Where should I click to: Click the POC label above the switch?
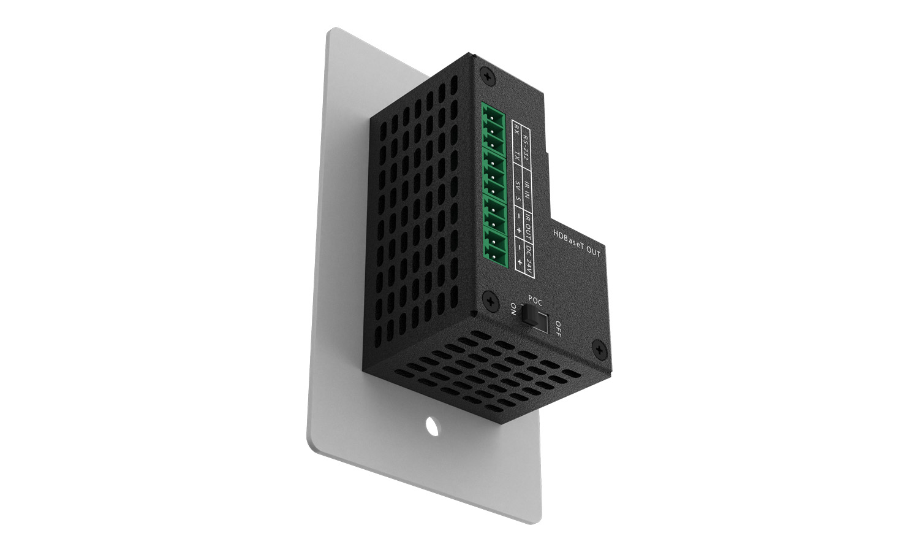535,301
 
